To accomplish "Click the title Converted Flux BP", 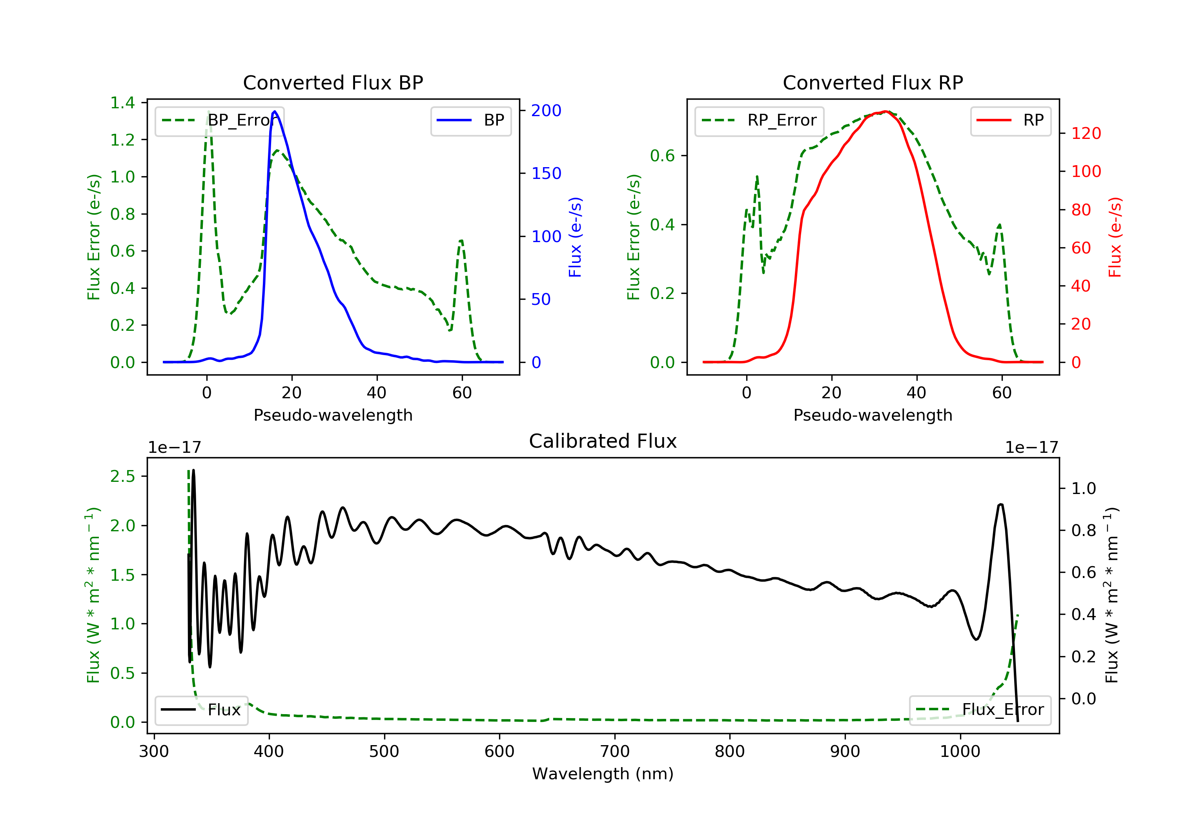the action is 333,82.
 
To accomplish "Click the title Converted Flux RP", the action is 873,82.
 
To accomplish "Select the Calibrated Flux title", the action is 603,441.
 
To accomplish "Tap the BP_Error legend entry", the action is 219,121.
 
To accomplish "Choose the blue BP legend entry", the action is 470,120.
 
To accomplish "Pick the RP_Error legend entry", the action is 759,121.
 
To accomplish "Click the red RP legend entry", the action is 1010,120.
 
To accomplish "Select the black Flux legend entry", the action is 201,710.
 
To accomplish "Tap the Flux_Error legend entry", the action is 980,710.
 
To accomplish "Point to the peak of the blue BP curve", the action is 275,111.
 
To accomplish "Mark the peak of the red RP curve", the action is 885,111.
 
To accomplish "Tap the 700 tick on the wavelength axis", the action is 614,751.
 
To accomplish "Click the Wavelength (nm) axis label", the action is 603,774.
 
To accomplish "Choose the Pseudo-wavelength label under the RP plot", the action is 873,415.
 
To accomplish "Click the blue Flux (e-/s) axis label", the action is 575,237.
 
